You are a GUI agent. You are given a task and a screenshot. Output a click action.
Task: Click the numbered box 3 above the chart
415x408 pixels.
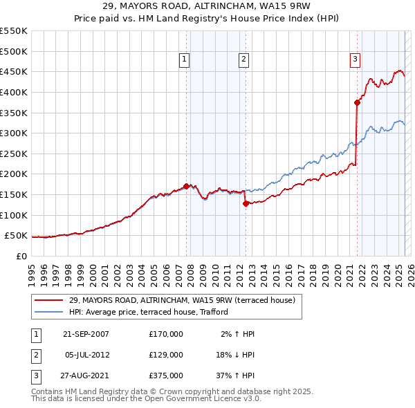(x=355, y=60)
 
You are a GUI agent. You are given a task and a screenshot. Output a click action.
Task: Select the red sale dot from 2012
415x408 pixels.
(x=246, y=203)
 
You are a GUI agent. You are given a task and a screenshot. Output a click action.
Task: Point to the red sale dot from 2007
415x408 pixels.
(x=187, y=186)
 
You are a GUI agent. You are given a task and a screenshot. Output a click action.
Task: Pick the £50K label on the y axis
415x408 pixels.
(x=16, y=236)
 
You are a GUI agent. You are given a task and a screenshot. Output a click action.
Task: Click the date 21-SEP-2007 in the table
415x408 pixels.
(x=86, y=334)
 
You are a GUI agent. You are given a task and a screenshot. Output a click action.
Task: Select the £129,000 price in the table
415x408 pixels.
(x=166, y=355)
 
